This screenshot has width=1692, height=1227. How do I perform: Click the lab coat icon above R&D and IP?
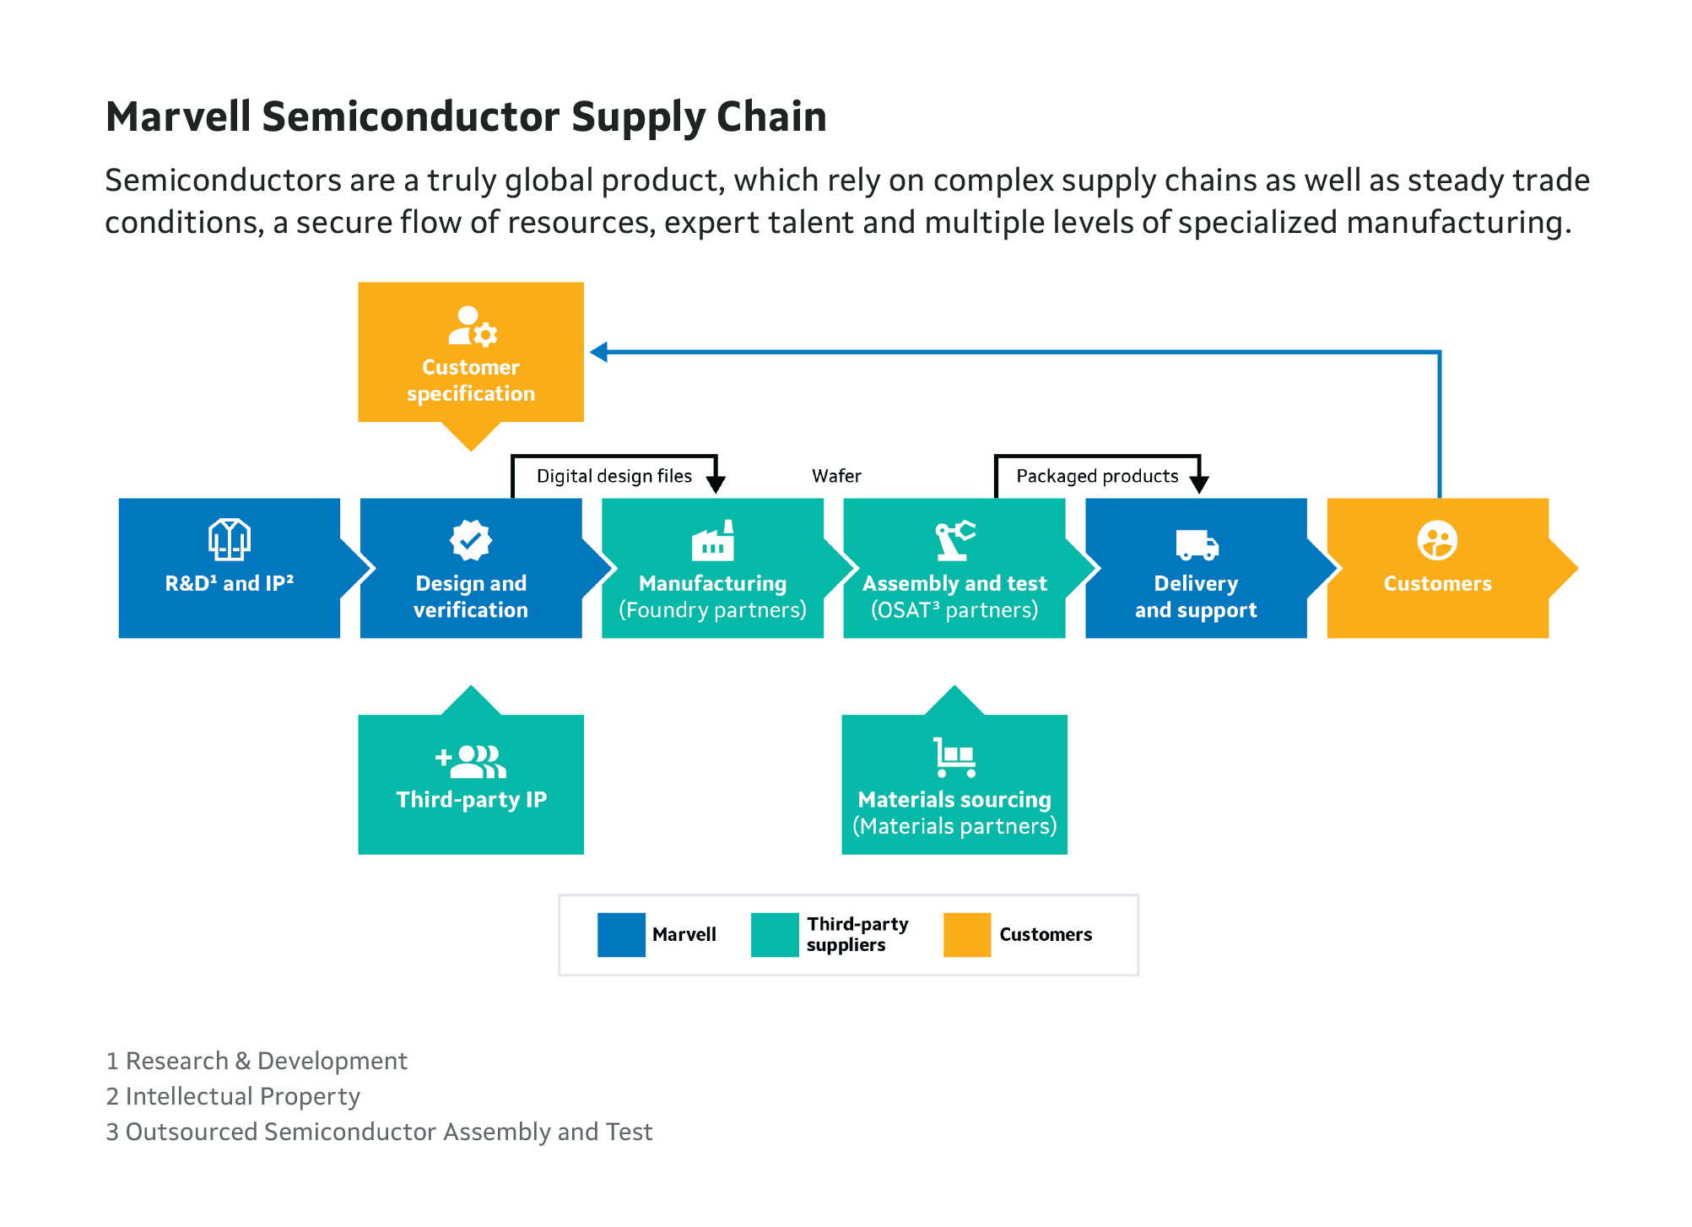tap(230, 540)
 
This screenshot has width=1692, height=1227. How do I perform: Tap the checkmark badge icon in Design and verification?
tap(471, 540)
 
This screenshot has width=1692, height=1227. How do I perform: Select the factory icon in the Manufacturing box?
tap(713, 541)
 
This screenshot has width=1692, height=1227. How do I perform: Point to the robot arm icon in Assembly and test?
tap(954, 540)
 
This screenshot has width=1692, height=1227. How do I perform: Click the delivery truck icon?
tap(1197, 545)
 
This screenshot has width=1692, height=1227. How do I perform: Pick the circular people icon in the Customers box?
tap(1437, 540)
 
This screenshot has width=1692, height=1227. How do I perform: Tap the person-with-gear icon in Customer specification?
tap(472, 327)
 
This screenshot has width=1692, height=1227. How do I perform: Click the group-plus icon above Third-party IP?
tap(470, 761)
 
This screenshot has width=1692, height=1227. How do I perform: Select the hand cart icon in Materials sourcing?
tap(954, 757)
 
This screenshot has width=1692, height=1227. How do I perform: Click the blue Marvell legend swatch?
tap(621, 935)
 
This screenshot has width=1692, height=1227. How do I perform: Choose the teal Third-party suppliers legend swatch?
tap(775, 935)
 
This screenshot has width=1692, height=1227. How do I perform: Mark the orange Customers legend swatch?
tap(967, 935)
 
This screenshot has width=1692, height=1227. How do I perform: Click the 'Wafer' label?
tap(836, 476)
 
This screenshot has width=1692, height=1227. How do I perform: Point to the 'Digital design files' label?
tap(614, 476)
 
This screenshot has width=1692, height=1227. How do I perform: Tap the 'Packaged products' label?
tap(1097, 476)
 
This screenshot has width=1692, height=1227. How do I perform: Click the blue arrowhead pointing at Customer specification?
tap(599, 352)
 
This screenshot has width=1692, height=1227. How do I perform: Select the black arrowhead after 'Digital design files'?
tap(716, 484)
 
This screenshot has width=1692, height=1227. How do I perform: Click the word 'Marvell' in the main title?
tap(178, 116)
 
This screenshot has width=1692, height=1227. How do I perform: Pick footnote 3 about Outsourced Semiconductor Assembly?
tap(379, 1132)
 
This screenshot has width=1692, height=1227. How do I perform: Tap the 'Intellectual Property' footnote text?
tap(242, 1096)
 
